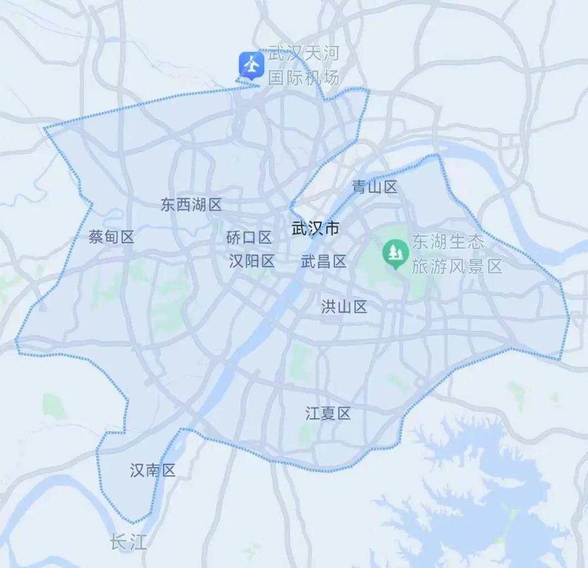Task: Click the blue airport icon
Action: coord(251,65)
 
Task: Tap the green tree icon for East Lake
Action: coord(395,252)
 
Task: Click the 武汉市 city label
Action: coord(315,228)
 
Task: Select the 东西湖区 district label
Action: coord(191,205)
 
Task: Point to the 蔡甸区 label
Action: coord(111,237)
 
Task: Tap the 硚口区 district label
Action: coord(249,238)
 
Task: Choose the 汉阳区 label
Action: coord(252,262)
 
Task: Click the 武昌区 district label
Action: coord(323,262)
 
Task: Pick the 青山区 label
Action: coord(375,188)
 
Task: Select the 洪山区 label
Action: coord(344,307)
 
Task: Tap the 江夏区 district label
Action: coord(328,414)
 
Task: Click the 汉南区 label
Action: coord(153,470)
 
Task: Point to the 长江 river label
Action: coord(128,542)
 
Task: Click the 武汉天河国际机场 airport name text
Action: coord(304,65)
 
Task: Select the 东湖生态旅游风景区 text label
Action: coord(456,254)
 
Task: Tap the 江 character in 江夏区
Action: coord(313,414)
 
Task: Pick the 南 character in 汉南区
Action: coord(153,470)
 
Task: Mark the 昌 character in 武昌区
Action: coord(323,262)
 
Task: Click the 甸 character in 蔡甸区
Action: coord(111,237)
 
